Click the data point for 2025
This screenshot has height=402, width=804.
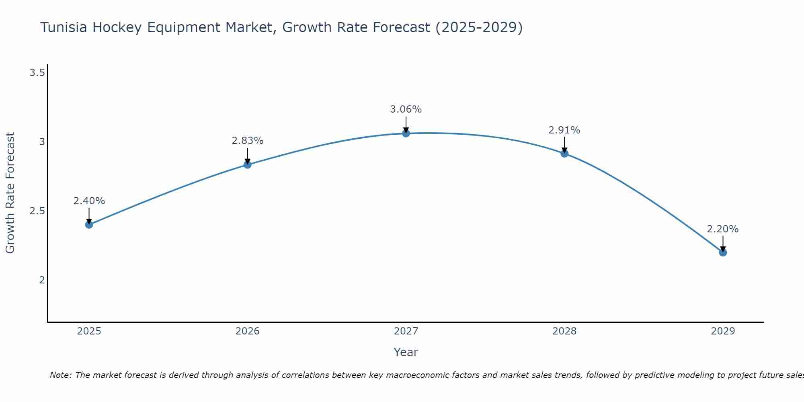(89, 224)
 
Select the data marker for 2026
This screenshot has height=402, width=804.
(247, 164)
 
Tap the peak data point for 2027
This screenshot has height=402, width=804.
(406, 133)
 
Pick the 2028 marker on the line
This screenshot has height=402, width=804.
(564, 153)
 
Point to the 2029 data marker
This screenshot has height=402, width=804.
(722, 252)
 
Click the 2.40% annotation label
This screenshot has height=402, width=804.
(89, 201)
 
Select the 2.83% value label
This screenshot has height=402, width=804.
(247, 141)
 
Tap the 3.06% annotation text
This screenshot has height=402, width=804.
(406, 109)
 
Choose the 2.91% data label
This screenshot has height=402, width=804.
(564, 130)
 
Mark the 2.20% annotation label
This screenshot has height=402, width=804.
(722, 229)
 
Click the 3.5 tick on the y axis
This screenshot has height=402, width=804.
(37, 73)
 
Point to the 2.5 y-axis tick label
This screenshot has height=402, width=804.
(37, 211)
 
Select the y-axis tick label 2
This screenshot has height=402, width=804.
(42, 280)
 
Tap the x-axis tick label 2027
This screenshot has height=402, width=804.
(406, 331)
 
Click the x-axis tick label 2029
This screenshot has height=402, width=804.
(722, 331)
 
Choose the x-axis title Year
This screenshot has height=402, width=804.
(406, 352)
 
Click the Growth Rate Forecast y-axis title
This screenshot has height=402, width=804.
(10, 193)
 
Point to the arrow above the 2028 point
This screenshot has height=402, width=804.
(564, 145)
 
